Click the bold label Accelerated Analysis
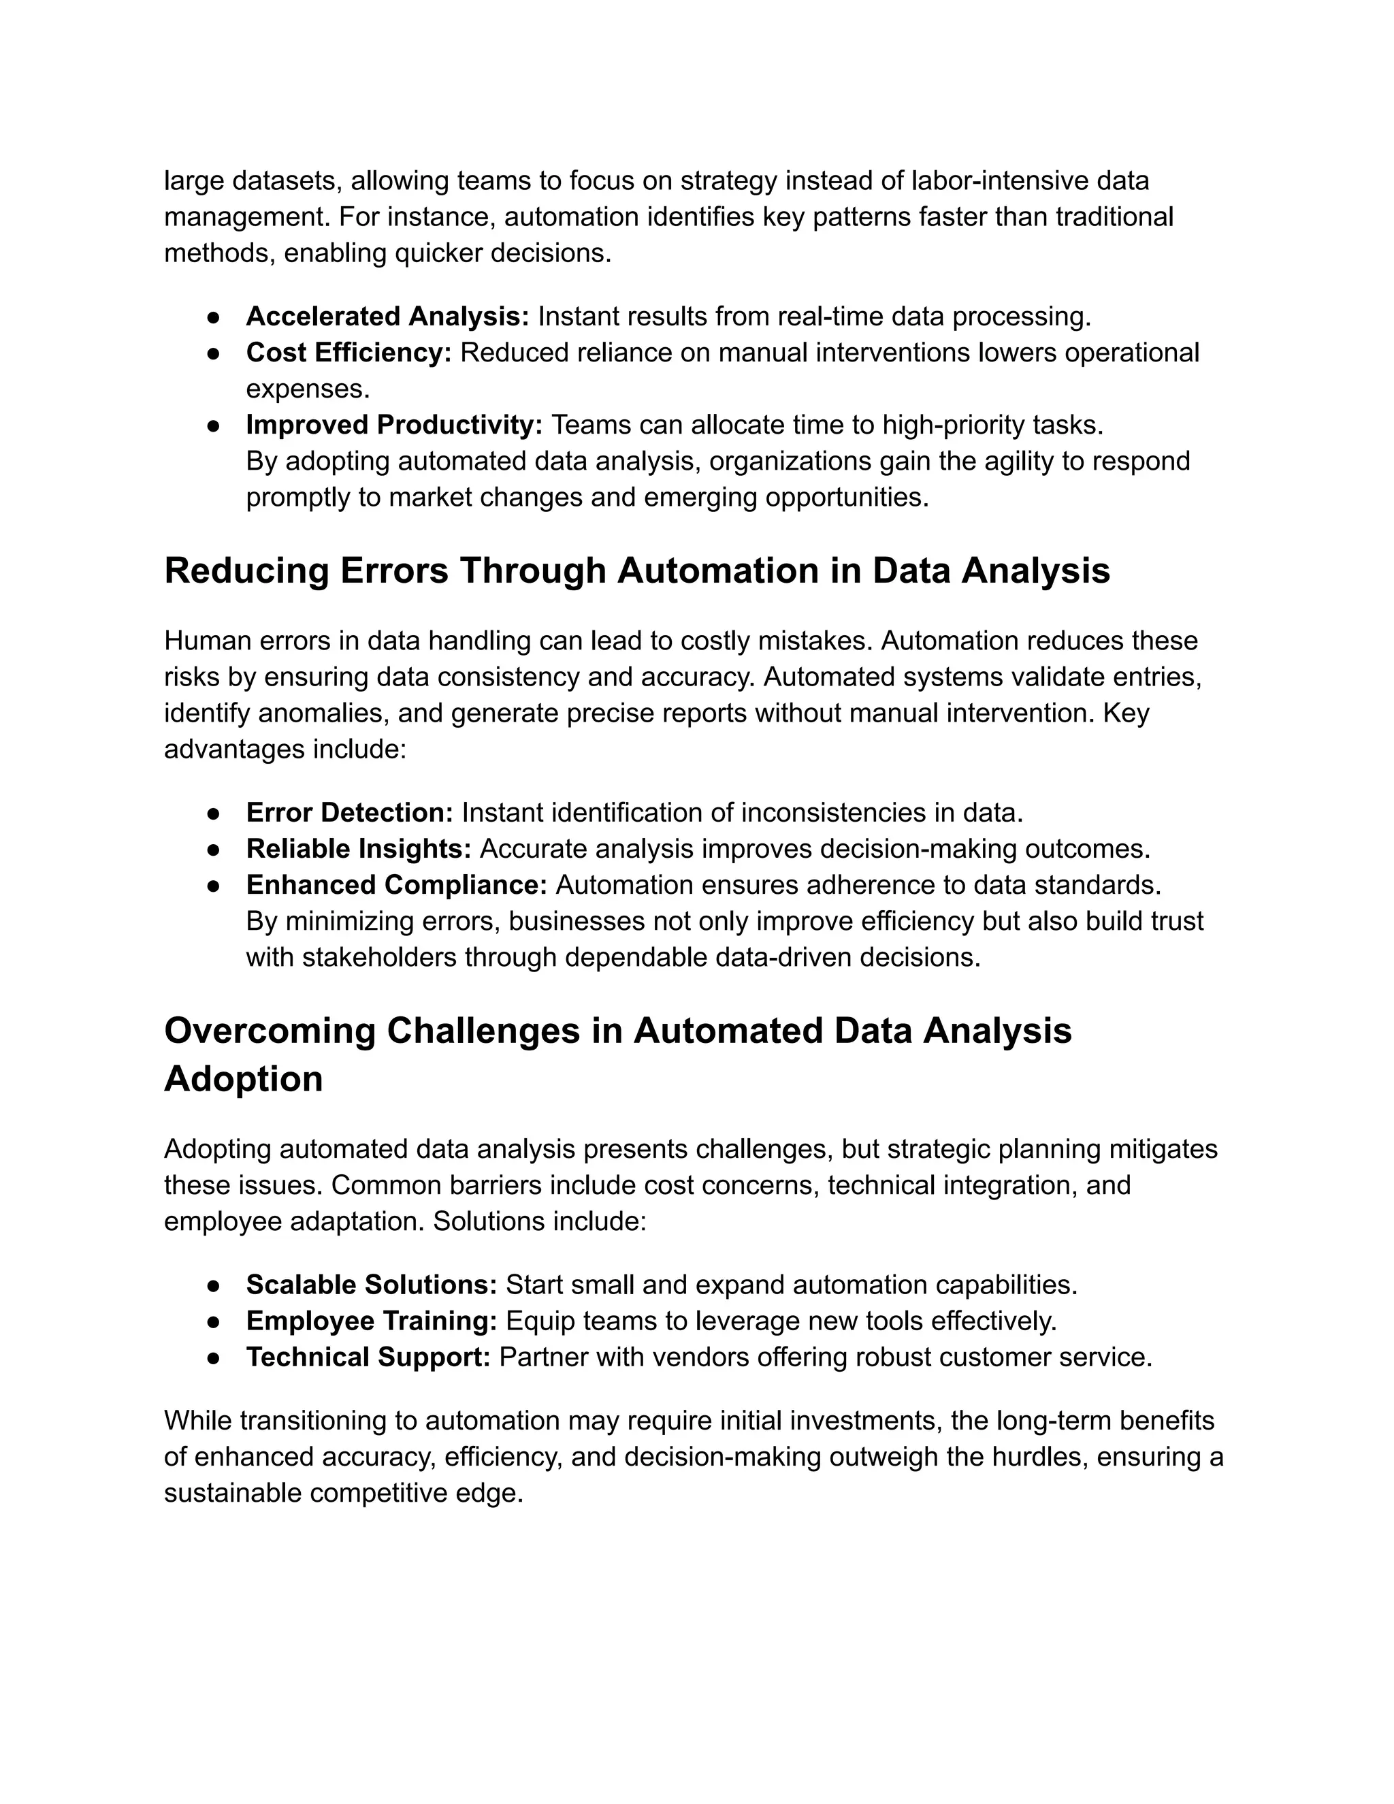[387, 317]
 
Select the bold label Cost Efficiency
[348, 353]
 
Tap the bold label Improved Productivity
[394, 425]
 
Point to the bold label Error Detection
[349, 813]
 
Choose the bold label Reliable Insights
[359, 849]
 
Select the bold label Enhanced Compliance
[396, 885]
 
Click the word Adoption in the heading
[243, 1079]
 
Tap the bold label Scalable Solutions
[371, 1285]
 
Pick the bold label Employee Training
[371, 1321]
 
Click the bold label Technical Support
[368, 1357]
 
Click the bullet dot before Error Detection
[213, 814]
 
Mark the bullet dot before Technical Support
[213, 1358]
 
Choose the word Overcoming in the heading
[270, 1031]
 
